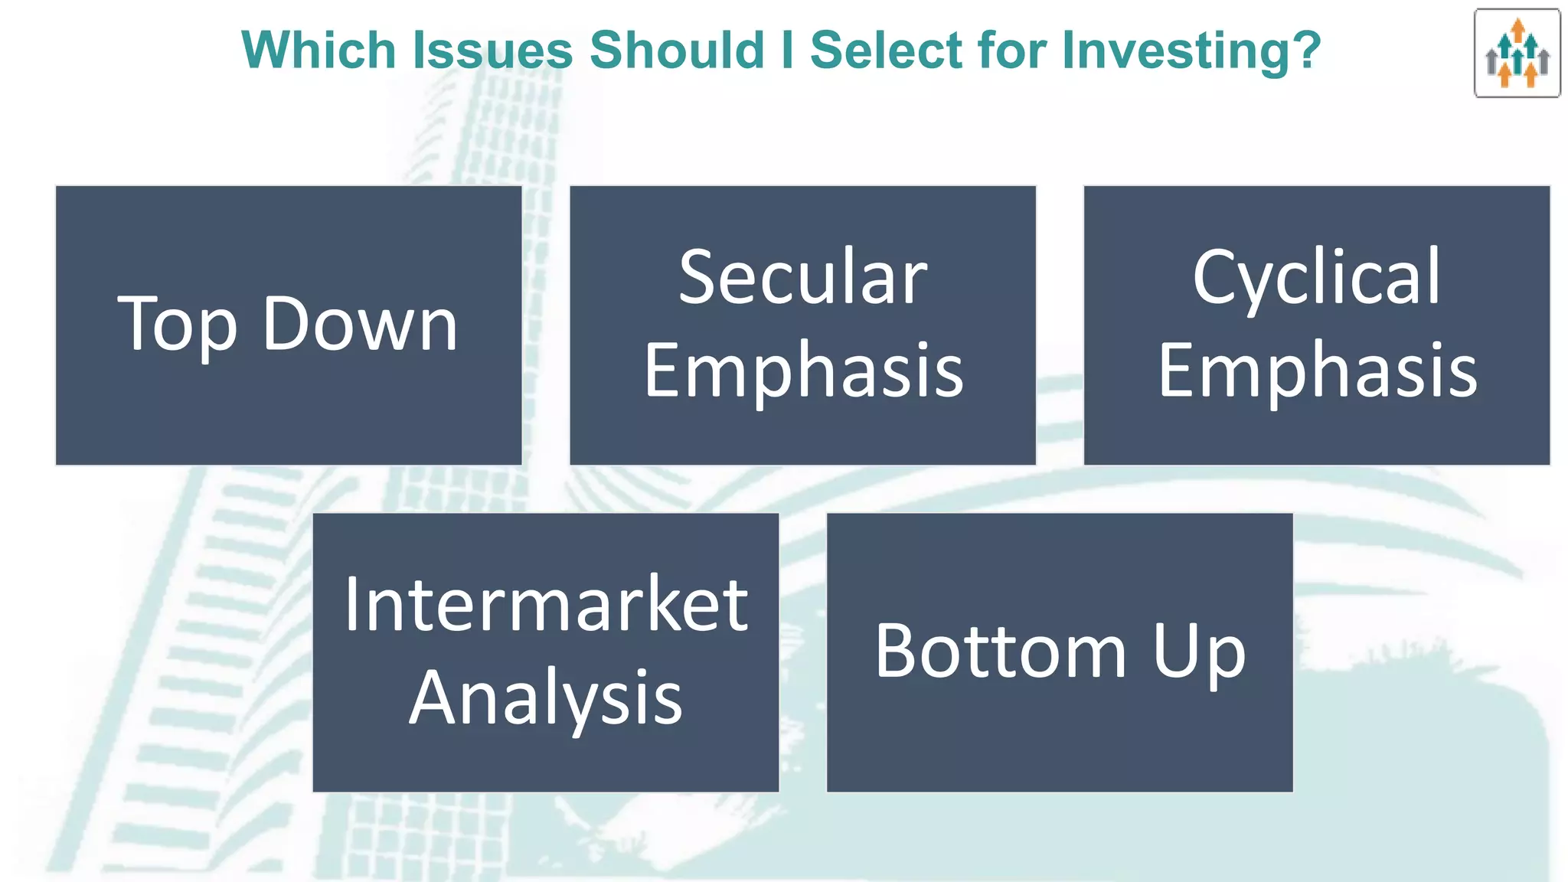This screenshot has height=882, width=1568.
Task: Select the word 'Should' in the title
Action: pos(677,51)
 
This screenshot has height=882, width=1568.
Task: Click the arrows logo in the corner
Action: pos(1517,54)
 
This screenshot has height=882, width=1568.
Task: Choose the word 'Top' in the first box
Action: pos(177,325)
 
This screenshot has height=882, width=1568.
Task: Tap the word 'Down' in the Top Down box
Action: pos(360,324)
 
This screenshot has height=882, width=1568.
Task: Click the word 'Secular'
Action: pos(802,277)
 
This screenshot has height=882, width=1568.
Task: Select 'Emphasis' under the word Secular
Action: pos(802,371)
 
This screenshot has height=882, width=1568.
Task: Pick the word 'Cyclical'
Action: pos(1316,277)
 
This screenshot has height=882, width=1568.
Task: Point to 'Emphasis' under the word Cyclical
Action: pos(1317,371)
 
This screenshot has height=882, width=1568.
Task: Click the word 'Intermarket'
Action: pos(546,605)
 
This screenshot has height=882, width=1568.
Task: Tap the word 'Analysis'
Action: pos(545,698)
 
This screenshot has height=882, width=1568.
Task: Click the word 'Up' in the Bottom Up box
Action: pos(1199,652)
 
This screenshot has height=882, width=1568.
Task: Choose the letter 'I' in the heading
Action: pos(787,51)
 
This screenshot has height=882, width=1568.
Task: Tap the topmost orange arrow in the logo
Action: pos(1517,29)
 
